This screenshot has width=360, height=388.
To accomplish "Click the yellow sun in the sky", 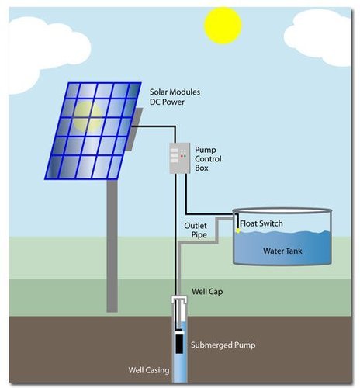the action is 223,25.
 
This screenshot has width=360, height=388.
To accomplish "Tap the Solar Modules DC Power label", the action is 175,97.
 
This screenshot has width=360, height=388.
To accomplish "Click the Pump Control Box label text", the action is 208,159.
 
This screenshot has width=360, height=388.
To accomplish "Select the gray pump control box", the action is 180,158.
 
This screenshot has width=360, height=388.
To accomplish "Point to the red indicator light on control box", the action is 182,156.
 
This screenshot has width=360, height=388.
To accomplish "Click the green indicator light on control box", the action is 185,156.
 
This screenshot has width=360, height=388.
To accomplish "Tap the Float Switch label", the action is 261,223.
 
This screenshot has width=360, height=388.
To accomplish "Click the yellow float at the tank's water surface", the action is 238,231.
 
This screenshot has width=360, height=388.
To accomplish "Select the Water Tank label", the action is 282,251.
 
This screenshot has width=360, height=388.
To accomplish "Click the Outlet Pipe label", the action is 196,230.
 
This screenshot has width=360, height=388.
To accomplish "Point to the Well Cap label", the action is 207,292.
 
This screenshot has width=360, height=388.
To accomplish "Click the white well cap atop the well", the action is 179,300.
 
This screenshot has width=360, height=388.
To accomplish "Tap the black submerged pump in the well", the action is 179,343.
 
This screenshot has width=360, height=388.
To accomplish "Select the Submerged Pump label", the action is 223,345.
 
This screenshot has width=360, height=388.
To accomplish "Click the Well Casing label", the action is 149,370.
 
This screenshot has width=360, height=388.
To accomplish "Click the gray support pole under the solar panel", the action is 112,245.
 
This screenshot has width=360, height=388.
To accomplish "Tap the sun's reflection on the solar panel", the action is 88,116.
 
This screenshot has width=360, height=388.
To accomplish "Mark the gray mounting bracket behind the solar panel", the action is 134,130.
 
